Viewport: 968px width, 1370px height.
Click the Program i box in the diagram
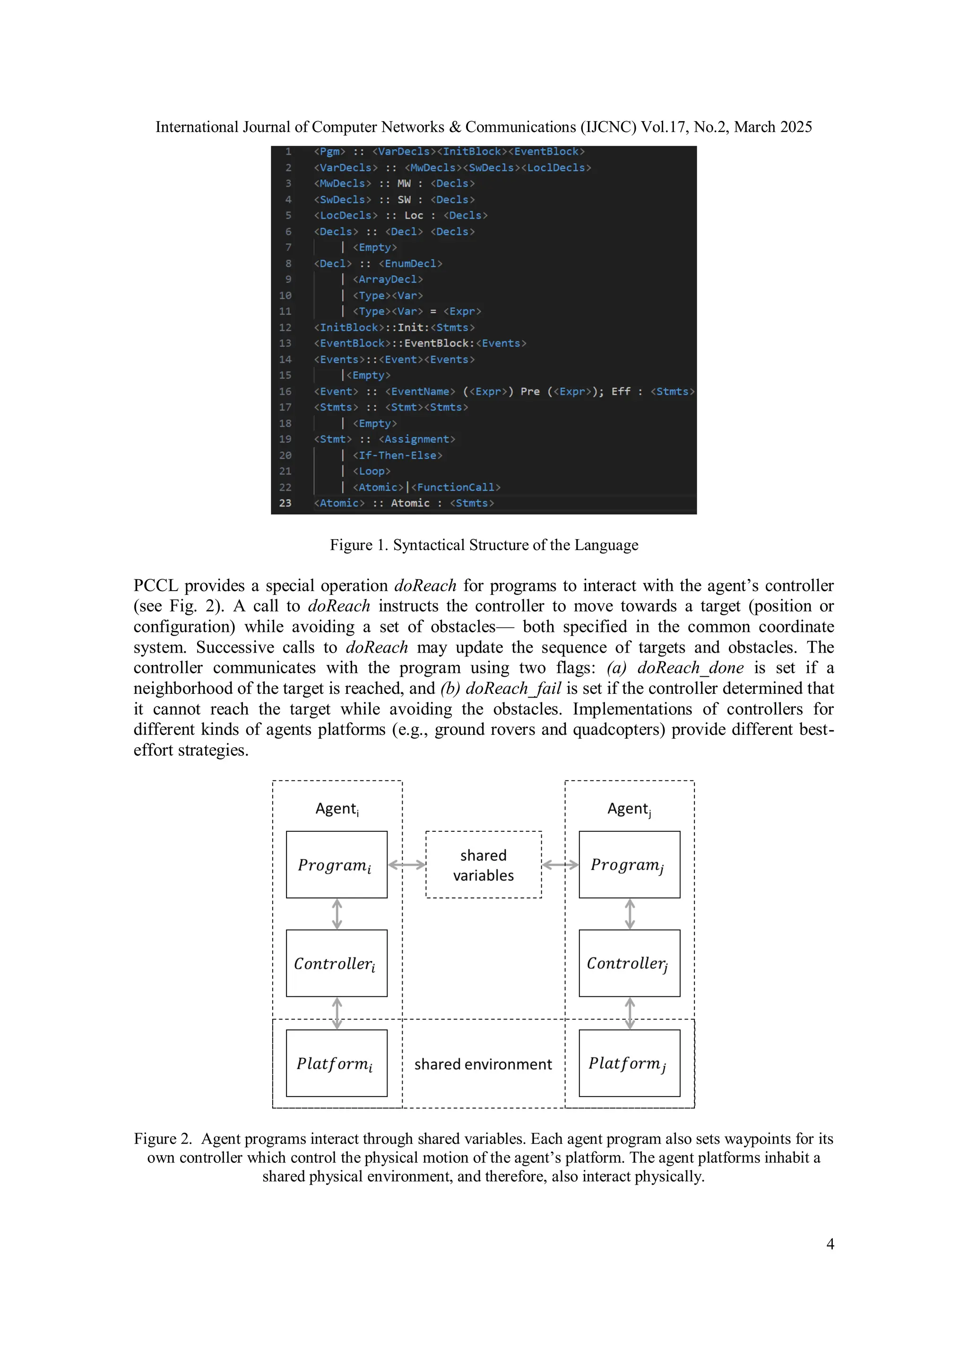point(337,864)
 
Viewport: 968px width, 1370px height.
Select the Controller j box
point(629,963)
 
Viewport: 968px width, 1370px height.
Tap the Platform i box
point(337,1063)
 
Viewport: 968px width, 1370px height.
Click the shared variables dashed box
point(483,864)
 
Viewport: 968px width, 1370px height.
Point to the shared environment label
point(483,1064)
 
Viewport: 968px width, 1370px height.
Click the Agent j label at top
point(629,809)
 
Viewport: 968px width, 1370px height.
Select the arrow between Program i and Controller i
point(337,914)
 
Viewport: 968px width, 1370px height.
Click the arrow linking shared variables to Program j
point(560,864)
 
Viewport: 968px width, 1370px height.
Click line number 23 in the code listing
point(285,503)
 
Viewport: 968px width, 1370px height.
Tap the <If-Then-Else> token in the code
point(397,455)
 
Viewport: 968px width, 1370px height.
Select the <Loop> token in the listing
point(372,471)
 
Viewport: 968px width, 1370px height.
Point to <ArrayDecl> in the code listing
point(388,279)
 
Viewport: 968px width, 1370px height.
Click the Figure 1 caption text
point(484,545)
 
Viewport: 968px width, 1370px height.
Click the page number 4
point(830,1244)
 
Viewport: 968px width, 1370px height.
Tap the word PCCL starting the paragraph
point(155,585)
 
